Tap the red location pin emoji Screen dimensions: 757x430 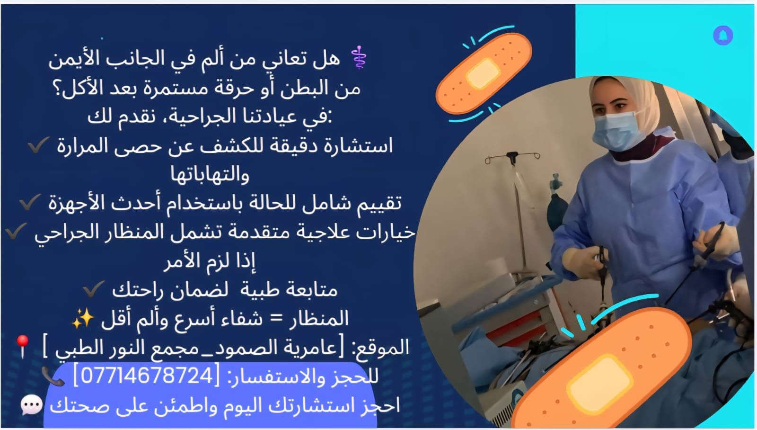23,347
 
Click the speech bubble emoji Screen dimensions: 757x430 32,405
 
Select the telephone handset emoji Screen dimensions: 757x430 53,376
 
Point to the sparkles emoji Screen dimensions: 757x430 83,318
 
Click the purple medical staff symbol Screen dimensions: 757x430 359,57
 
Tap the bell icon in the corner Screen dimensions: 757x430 723,35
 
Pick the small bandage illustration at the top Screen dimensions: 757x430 484,73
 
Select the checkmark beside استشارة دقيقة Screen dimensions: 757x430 38,145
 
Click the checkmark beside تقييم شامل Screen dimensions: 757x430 30,202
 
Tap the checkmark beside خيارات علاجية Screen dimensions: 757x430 16,231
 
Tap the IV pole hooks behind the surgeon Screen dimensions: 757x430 512,157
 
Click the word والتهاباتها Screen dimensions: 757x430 210,175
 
